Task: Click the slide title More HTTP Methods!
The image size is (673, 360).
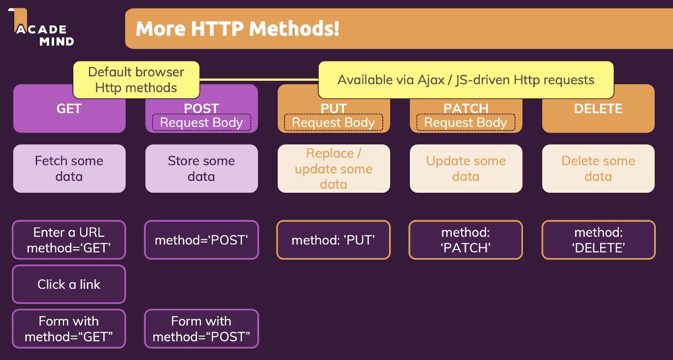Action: click(237, 29)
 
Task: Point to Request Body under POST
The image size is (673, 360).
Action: click(202, 122)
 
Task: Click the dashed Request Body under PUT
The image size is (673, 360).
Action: click(333, 122)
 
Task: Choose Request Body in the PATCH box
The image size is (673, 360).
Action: click(466, 122)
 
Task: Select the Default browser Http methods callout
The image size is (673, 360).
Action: click(136, 80)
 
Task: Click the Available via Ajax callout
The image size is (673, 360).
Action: click(466, 80)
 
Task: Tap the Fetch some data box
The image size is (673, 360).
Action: click(69, 168)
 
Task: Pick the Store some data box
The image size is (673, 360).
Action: click(202, 168)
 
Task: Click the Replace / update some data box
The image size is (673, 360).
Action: click(334, 168)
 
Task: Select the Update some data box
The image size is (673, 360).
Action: click(466, 168)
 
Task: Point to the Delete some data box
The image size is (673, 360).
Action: click(598, 168)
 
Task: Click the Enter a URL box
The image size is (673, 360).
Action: click(69, 240)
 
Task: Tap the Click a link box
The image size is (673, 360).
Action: click(69, 284)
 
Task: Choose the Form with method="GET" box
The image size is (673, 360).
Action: click(69, 329)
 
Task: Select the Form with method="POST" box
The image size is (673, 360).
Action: click(202, 329)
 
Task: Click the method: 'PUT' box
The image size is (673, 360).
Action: click(334, 240)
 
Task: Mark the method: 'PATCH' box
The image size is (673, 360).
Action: click(466, 240)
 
